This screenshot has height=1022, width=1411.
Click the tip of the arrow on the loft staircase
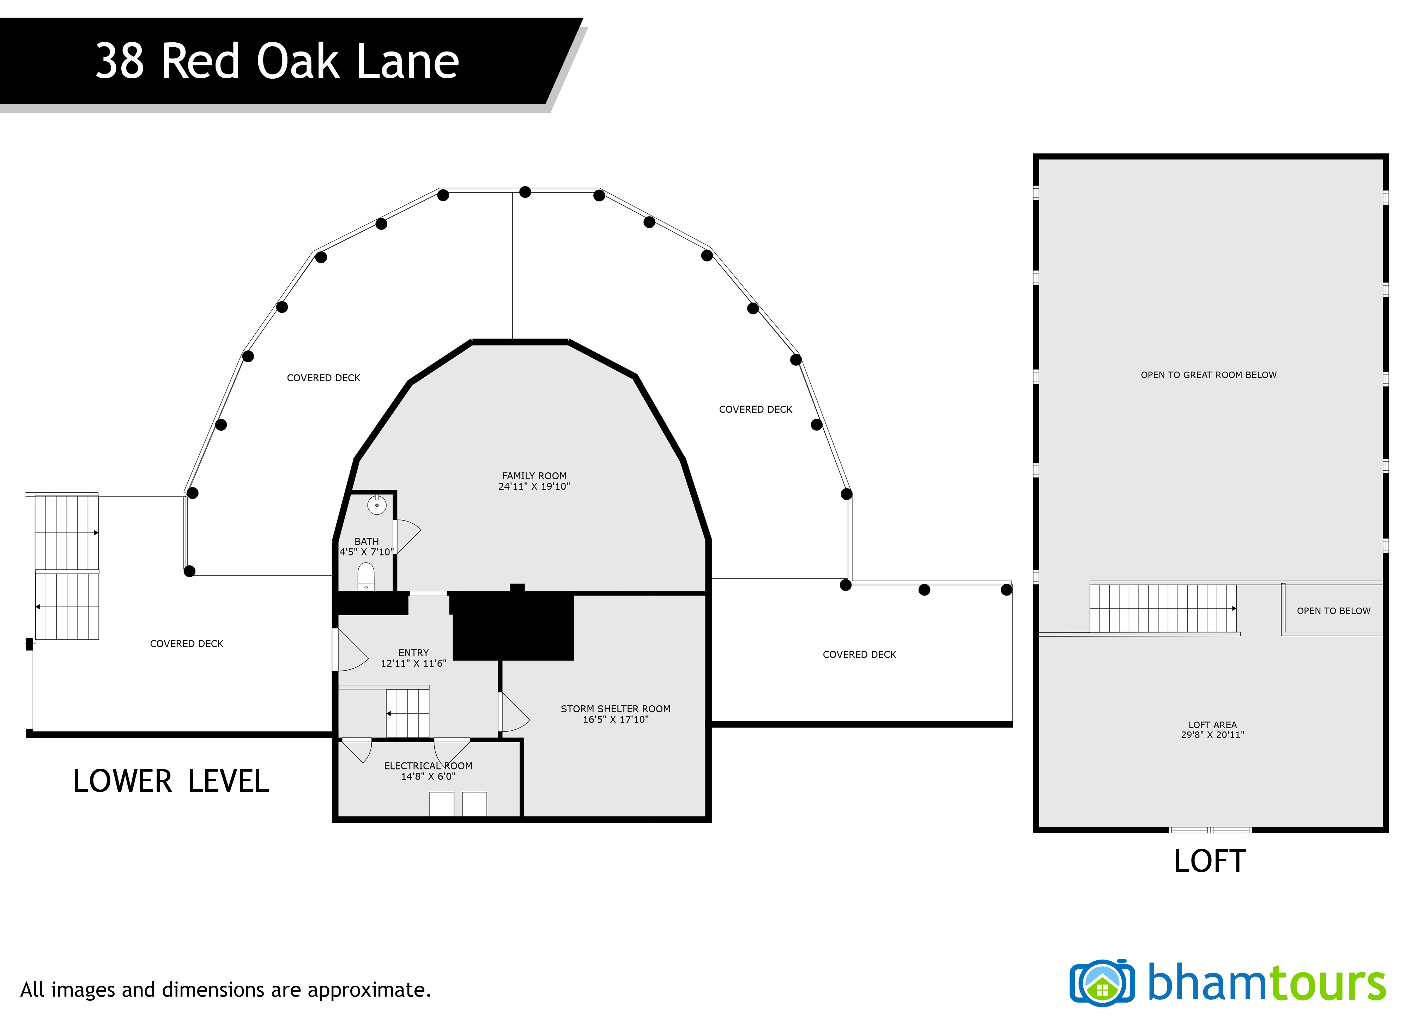pos(1236,608)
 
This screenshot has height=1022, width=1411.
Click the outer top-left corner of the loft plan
pos(1033,154)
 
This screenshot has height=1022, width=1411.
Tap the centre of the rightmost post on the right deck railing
pos(1006,590)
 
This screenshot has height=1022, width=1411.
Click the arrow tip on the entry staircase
pos(387,713)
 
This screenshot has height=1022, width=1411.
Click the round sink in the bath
pos(377,504)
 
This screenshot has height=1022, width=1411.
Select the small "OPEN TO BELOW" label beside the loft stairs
pos(1333,611)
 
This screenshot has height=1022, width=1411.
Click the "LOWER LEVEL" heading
pos(171,781)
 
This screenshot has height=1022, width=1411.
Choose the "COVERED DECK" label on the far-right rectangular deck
pos(859,655)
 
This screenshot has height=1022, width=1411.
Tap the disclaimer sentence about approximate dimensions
pos(226,990)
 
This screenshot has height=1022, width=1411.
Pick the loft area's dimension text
pos(1212,735)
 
